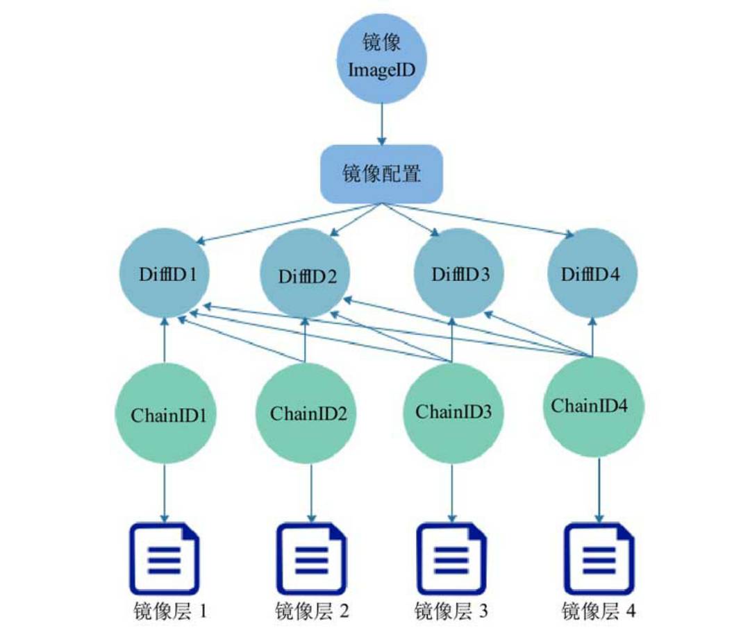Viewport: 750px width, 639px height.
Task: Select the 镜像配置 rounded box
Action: coord(381,173)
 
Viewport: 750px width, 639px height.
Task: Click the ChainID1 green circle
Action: coord(165,415)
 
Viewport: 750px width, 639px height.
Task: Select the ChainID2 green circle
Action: coord(308,415)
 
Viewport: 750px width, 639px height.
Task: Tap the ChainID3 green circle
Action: coord(453,411)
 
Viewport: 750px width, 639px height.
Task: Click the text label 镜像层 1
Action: coord(169,612)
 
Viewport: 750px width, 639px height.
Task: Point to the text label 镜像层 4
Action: coord(599,612)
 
